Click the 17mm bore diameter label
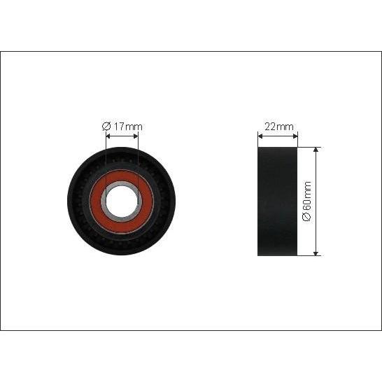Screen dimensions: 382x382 tap(122, 127)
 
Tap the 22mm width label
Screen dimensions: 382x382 tap(278, 127)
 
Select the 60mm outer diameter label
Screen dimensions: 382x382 tap(307, 201)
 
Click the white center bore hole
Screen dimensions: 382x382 tap(122, 201)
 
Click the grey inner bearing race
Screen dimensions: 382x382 tap(104, 201)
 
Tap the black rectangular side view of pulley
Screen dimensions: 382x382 tap(278, 201)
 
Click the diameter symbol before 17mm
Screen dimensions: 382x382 tap(106, 127)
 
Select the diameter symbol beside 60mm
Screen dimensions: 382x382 tap(307, 218)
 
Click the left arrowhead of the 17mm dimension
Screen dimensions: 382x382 tap(108, 136)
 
